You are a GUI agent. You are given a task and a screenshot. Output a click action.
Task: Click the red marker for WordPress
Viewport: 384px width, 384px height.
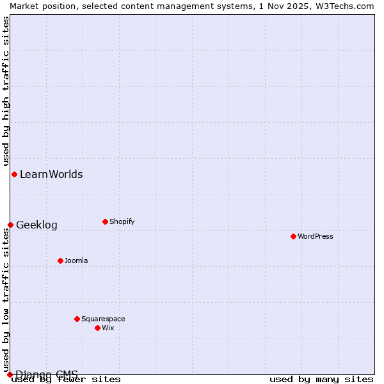tap(293, 236)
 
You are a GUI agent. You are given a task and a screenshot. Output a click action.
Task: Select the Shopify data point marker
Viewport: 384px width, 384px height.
tap(105, 221)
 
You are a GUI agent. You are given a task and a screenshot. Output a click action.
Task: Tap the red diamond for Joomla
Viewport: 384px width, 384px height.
tap(60, 260)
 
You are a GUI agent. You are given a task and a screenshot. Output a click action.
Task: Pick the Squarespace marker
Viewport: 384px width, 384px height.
tap(77, 319)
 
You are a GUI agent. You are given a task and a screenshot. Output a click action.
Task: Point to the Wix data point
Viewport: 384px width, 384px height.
tap(97, 328)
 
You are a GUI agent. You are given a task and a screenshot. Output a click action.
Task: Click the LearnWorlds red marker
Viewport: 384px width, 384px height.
tap(14, 174)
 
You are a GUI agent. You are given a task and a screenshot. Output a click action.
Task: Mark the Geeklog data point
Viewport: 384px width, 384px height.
tap(10, 225)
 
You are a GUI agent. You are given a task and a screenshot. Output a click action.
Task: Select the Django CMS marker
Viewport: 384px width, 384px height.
tap(10, 374)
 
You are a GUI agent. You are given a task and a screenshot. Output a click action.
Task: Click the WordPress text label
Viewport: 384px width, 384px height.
tap(316, 236)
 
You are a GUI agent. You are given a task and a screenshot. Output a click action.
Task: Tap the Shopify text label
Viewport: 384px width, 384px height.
tap(122, 221)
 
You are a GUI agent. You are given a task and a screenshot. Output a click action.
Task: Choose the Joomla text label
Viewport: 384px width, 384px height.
tap(76, 260)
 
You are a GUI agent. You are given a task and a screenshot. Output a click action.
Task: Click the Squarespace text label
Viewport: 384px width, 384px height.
tap(103, 319)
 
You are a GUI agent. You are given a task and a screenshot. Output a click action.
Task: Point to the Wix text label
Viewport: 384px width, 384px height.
tap(108, 328)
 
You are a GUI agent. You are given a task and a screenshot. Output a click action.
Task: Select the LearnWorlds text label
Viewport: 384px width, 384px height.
tap(51, 174)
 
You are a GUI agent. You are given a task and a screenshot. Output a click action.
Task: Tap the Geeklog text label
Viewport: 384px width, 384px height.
tap(36, 225)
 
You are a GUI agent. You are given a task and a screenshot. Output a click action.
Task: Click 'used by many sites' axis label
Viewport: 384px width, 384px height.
tap(321, 379)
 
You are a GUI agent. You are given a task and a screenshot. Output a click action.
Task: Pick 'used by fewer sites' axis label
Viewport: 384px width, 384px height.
tap(66, 379)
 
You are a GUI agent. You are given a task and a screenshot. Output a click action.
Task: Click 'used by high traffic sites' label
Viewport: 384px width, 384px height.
tap(6, 91)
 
